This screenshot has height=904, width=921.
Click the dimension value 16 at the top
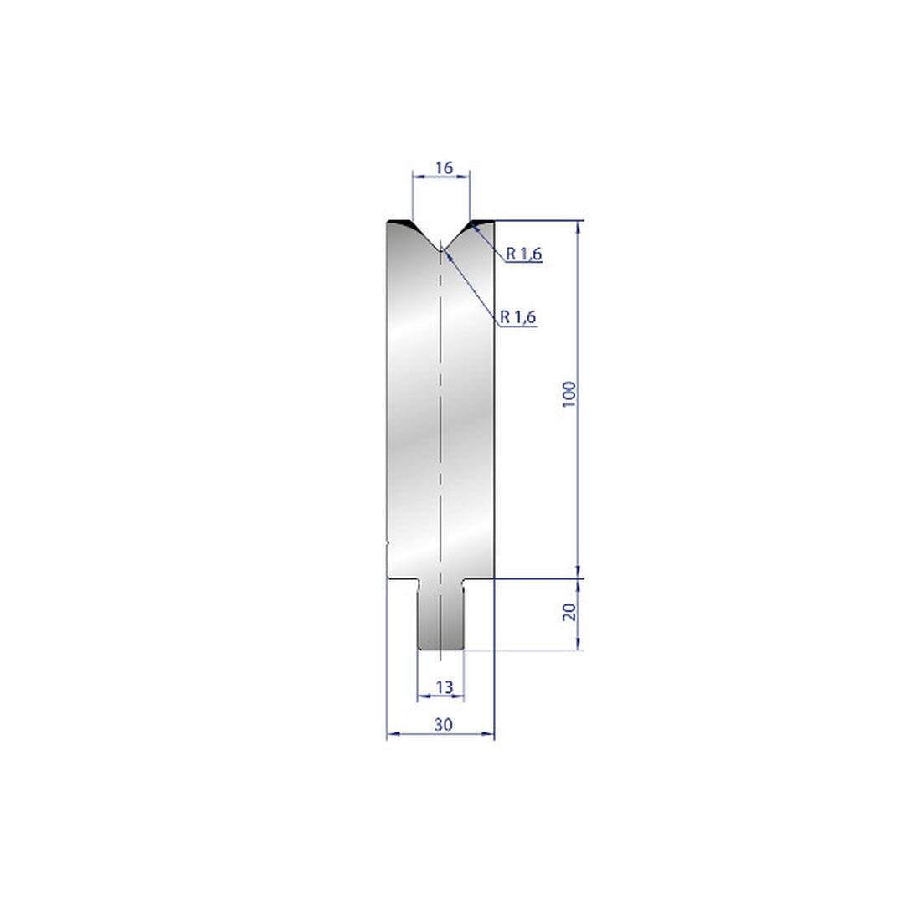(445, 168)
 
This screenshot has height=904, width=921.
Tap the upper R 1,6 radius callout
(524, 254)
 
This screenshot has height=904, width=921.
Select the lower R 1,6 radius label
(518, 317)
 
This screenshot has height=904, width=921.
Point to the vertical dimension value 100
(569, 394)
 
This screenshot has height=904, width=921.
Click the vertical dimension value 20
(569, 612)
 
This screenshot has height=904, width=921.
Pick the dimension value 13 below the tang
(445, 686)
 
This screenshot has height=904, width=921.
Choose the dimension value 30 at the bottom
(444, 725)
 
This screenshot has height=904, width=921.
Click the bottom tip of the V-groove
(440, 249)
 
